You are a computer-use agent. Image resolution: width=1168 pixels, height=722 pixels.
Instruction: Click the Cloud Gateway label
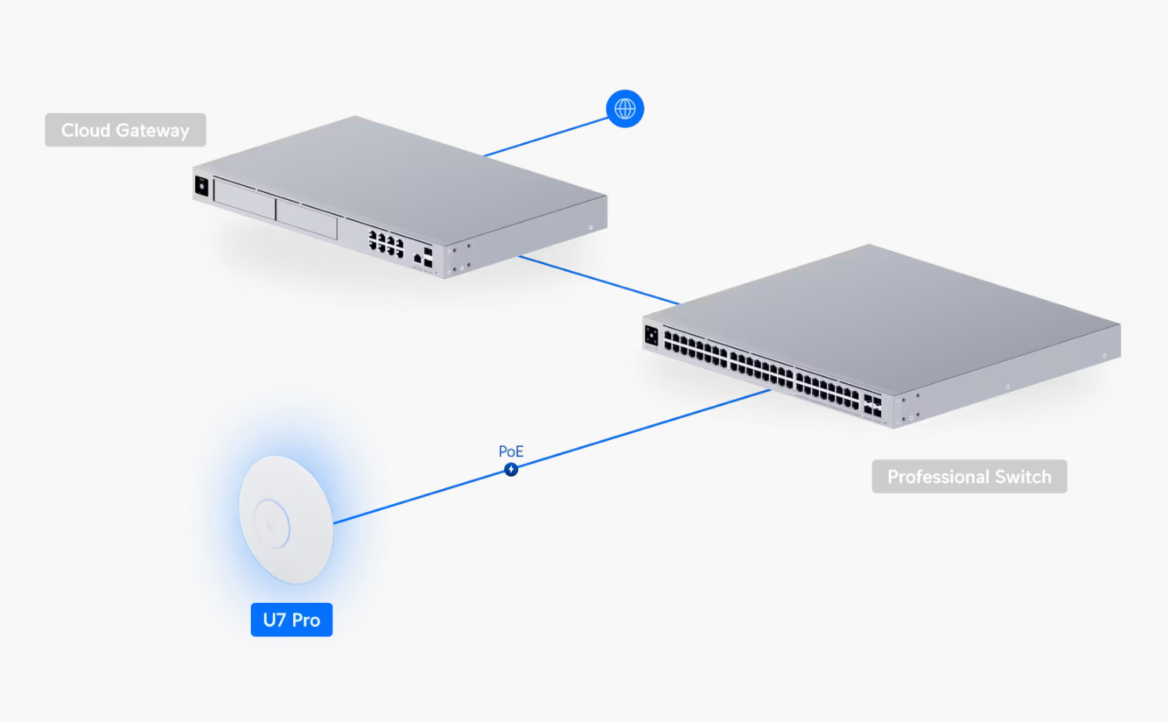click(125, 130)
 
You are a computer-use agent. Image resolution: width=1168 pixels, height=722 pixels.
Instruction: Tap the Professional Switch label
click(969, 477)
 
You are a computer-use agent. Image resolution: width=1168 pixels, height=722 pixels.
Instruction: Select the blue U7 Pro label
click(292, 620)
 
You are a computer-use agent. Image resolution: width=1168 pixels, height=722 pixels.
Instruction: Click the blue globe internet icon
click(625, 109)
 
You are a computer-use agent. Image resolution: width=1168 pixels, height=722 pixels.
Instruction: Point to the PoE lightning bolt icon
click(511, 470)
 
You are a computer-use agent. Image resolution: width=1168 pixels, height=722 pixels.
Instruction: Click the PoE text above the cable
click(511, 452)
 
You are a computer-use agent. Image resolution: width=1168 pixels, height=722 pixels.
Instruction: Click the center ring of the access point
click(271, 524)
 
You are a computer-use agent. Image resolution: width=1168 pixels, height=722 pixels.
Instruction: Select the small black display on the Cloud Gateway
click(201, 187)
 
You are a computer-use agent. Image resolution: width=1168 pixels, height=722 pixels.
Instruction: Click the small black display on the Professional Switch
click(651, 336)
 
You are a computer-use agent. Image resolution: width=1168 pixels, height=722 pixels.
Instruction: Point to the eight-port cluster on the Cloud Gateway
click(386, 243)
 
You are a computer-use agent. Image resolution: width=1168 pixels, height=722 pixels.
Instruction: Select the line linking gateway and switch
click(600, 280)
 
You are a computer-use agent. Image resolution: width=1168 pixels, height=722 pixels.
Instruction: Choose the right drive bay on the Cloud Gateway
click(307, 219)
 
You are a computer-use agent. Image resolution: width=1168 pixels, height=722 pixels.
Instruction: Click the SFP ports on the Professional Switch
click(872, 405)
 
